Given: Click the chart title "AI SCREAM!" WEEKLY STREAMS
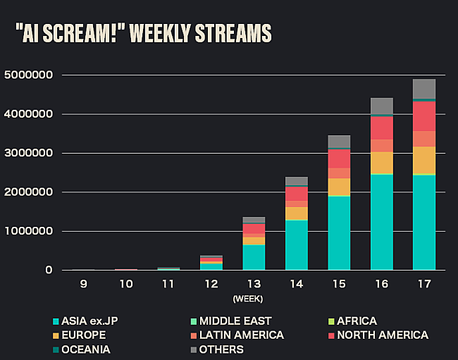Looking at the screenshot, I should pos(143,33).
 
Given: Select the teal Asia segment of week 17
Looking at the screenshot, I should pos(424,222).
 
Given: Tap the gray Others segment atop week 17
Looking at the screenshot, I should pos(424,89).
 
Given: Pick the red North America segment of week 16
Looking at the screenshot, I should pos(382,128).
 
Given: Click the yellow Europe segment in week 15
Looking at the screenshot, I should pos(339,187).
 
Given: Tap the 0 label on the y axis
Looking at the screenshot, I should pos(49,270).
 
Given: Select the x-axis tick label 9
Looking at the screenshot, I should pos(83,285).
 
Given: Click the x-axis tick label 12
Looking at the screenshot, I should pos(211,285).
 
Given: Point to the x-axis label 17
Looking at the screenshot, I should pos(424,285).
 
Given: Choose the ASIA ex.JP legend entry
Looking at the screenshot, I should pos(89,321).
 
